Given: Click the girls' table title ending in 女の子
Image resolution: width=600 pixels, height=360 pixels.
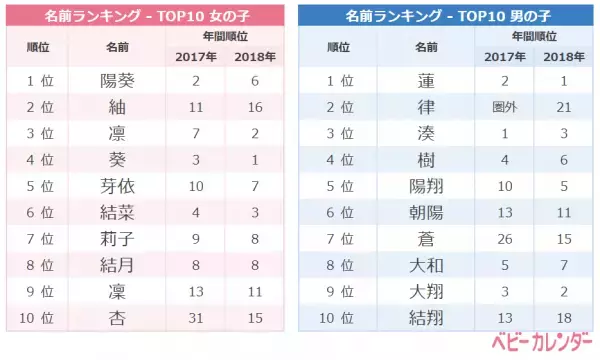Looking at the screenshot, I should tap(149, 17).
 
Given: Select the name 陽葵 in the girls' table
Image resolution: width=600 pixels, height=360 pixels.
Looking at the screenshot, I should tap(117, 81).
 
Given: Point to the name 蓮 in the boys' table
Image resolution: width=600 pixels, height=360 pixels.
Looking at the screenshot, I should tap(426, 81).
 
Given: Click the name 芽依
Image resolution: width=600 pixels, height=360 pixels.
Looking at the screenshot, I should tap(117, 185).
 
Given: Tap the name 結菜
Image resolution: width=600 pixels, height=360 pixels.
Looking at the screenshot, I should tap(117, 211).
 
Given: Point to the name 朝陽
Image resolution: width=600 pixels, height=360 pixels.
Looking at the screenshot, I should tap(426, 211).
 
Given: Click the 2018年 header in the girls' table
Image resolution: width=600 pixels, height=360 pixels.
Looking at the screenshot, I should tap(255, 56).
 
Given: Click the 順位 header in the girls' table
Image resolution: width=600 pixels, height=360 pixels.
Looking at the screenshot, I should tap(37, 47).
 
